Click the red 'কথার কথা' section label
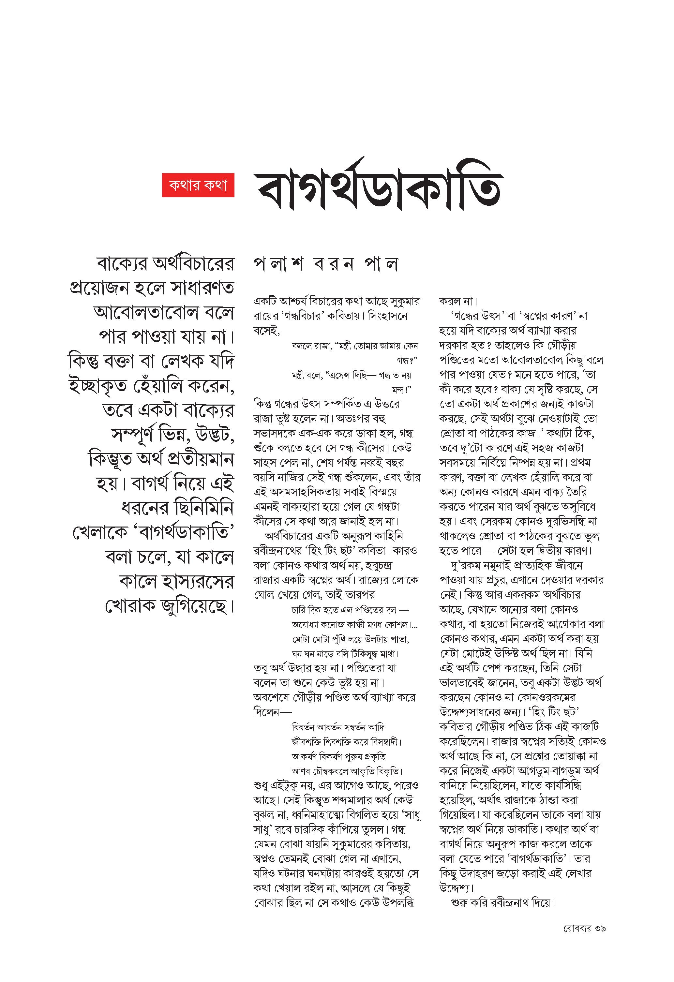point(198,185)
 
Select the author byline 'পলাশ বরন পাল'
point(326,264)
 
